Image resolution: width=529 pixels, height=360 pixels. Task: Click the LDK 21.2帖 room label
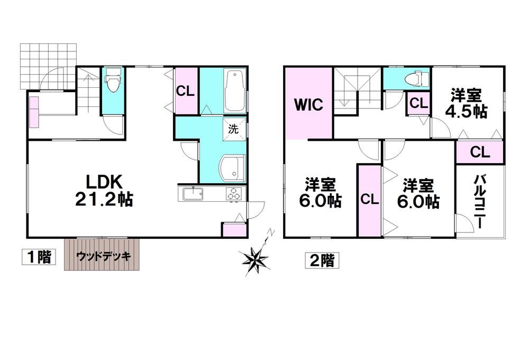pos(104,191)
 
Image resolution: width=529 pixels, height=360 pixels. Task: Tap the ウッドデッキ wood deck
pos(102,254)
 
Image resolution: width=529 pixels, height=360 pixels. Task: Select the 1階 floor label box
pos(39,257)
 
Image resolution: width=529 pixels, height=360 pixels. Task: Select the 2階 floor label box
pos(322,260)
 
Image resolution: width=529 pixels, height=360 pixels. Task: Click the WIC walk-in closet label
pos(309,104)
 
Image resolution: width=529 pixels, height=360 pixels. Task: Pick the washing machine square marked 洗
pos(233,129)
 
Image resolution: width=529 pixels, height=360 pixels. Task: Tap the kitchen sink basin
pos(193,194)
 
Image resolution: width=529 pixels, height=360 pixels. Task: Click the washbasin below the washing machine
pos(232,168)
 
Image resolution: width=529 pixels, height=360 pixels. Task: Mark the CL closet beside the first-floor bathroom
pos(186,91)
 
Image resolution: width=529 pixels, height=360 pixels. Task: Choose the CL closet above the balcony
pos(479,152)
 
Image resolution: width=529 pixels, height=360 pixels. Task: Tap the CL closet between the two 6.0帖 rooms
pos(370,200)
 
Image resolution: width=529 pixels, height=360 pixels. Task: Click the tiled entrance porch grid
pos(48,66)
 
